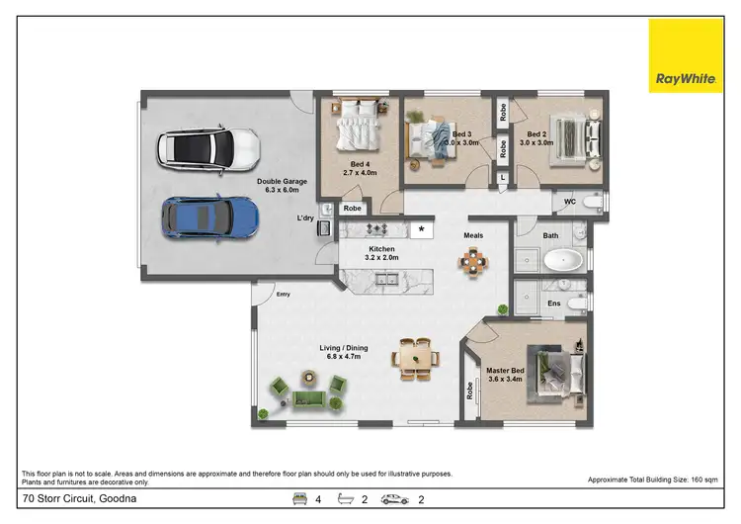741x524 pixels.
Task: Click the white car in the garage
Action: click(x=208, y=149)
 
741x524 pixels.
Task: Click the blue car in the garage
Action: click(x=209, y=218)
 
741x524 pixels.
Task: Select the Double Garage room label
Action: click(x=282, y=186)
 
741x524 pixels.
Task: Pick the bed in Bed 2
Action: click(x=575, y=133)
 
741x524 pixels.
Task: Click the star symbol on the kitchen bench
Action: click(x=423, y=229)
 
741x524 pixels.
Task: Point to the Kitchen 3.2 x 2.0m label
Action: click(x=381, y=253)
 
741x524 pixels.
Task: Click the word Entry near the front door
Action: click(x=285, y=294)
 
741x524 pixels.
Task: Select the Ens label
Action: click(x=554, y=304)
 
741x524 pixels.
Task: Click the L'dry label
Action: click(x=305, y=218)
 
